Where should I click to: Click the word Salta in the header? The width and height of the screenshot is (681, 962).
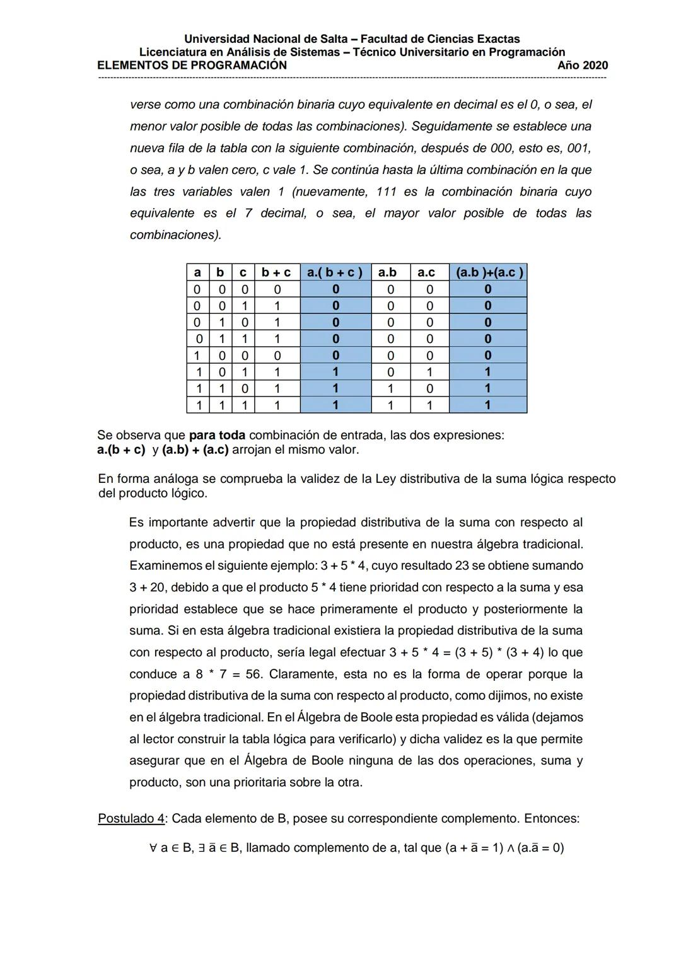tap(340, 39)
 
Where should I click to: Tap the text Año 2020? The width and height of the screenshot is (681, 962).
tap(583, 66)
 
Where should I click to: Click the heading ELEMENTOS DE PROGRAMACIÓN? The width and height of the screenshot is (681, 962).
tap(192, 66)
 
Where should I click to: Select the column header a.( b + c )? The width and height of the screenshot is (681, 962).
tap(335, 272)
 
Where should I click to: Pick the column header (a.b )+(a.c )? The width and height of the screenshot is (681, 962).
tap(488, 272)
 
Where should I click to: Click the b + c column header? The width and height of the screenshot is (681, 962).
tap(277, 272)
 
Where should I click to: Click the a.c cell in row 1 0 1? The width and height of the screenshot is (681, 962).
tap(429, 372)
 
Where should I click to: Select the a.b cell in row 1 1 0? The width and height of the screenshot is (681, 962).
tap(390, 388)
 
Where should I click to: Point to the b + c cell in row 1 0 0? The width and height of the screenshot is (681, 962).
tap(277, 356)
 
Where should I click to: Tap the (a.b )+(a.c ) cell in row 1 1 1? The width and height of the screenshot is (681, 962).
tap(488, 405)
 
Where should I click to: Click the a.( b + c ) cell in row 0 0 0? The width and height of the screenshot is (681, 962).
tap(335, 289)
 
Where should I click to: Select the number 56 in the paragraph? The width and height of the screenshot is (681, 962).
tap(253, 675)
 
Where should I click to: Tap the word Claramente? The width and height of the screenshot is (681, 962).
tap(302, 675)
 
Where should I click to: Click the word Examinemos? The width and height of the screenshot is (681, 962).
tap(163, 566)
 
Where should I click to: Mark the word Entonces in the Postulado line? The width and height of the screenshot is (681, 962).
tap(552, 819)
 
